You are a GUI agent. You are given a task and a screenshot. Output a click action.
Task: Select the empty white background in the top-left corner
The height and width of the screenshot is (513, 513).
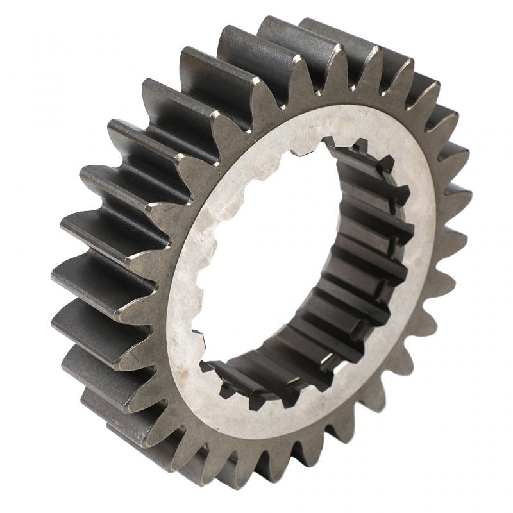(38, 38)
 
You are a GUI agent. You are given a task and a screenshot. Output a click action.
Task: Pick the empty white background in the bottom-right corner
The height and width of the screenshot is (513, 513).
(475, 475)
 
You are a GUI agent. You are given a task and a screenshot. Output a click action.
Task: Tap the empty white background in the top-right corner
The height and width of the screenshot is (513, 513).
(475, 38)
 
